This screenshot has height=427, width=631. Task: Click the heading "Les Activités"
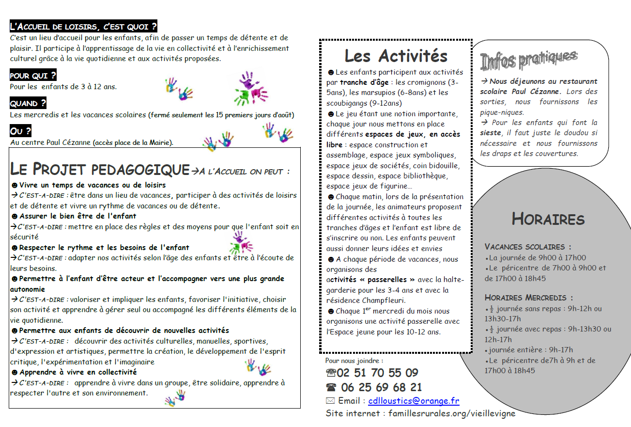point(396,56)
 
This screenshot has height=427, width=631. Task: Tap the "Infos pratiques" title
point(528,60)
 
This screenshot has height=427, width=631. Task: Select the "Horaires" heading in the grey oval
point(548,219)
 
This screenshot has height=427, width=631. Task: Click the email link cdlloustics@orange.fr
point(414,401)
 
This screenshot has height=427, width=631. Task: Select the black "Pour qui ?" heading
point(33,75)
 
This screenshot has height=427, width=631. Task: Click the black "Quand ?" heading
point(28,103)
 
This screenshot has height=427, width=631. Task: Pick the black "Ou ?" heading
point(21,131)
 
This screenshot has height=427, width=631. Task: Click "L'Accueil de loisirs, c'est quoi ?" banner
point(83,26)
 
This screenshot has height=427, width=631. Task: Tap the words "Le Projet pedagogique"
point(99,170)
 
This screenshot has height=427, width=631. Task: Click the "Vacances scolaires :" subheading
point(527,247)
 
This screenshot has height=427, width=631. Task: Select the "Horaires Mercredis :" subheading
point(528,298)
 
